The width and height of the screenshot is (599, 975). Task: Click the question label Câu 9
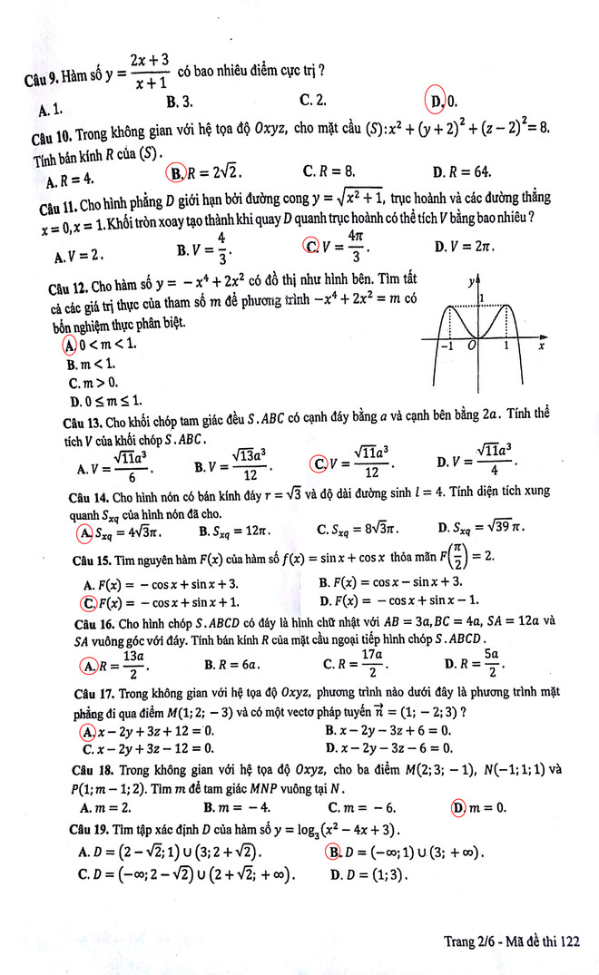click(x=42, y=79)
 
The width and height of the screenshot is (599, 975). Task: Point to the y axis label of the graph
click(x=472, y=282)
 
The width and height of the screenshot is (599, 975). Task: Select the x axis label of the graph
click(x=541, y=346)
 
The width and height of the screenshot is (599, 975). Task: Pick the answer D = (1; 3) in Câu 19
click(x=368, y=875)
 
